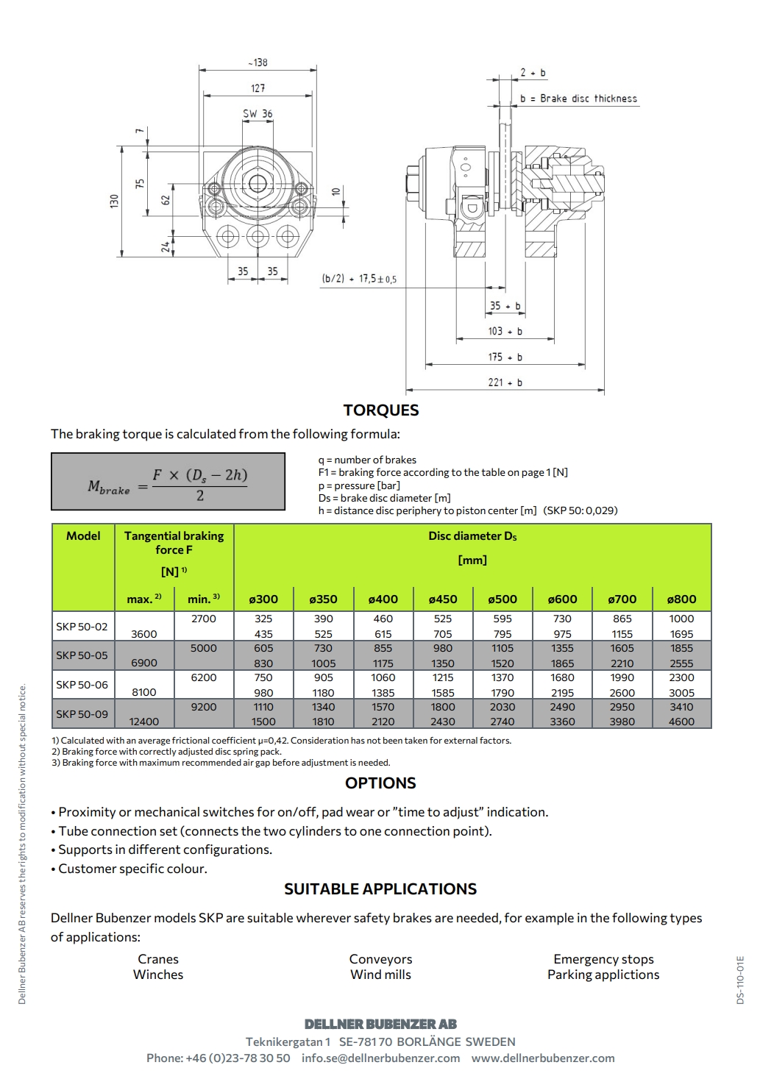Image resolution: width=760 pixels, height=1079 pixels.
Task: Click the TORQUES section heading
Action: tap(380, 410)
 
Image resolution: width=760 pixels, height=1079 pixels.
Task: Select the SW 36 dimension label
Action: tap(258, 114)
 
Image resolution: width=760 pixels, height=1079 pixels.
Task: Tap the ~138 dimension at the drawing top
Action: tap(258, 63)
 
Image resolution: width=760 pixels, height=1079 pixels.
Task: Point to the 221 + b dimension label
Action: tap(505, 382)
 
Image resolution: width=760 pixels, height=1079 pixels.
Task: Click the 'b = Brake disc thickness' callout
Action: tap(578, 99)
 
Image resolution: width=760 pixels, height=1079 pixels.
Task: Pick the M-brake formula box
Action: tap(168, 482)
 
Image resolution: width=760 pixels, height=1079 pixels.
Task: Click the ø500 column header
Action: tap(502, 599)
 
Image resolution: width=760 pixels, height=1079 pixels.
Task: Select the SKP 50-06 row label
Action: tap(82, 685)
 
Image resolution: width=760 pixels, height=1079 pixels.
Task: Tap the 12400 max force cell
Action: tap(144, 722)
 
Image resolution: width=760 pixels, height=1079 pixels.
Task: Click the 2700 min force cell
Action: tap(204, 619)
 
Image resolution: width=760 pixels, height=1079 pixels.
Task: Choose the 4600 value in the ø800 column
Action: tap(681, 722)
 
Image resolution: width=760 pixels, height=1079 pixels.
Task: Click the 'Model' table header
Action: tap(83, 536)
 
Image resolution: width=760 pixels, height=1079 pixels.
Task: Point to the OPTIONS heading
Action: tap(380, 783)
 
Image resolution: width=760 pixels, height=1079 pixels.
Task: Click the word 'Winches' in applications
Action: tap(158, 975)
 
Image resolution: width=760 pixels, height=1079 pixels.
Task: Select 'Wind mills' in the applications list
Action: tap(380, 975)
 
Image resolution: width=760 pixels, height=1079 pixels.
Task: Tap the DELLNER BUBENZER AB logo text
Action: tap(380, 1024)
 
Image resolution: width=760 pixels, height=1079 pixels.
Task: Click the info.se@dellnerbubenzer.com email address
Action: tap(380, 1058)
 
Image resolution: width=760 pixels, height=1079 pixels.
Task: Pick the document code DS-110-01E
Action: tap(740, 980)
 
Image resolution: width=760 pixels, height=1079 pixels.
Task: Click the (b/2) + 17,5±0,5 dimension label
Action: tap(359, 279)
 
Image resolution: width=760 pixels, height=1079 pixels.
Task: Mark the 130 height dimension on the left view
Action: tap(114, 201)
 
